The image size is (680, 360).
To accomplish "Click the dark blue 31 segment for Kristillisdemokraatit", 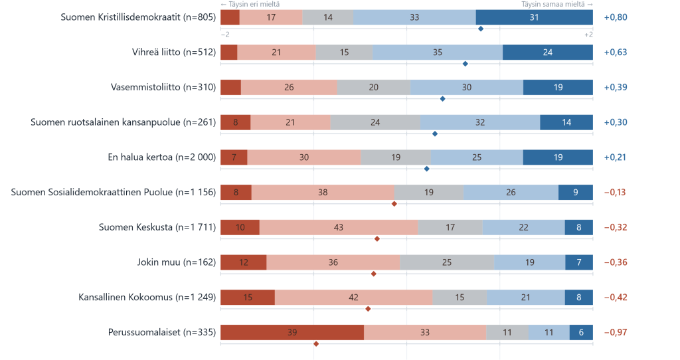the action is tap(535, 17).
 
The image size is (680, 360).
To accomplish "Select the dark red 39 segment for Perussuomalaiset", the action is tap(292, 332).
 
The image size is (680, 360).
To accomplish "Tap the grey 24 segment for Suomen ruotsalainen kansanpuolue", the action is tap(375, 122).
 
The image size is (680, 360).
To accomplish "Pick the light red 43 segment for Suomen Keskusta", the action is tap(339, 227).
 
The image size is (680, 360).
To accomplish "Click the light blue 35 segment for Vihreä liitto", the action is tap(438, 52).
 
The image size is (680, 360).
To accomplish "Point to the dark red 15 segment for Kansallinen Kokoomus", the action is tap(248, 297).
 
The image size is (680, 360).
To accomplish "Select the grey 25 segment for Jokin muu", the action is tap(447, 262).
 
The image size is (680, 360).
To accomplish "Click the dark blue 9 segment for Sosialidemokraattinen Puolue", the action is tap(576, 192).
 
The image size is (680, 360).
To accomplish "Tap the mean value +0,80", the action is tap(616, 17).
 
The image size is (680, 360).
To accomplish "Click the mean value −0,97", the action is tap(616, 332).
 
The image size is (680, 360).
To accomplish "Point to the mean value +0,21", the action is tap(615, 157).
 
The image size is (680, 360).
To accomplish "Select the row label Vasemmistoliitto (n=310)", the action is tap(163, 87).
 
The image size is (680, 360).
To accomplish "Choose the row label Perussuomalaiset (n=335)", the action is tap(162, 332).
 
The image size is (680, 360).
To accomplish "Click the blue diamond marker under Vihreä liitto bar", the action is tap(466, 64).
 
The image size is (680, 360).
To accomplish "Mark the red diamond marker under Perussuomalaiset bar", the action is tap(316, 344).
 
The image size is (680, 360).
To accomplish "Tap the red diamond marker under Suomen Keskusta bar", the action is tap(377, 239).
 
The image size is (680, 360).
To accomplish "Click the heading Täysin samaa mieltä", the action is tap(553, 5).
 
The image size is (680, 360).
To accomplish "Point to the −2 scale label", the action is tap(225, 35).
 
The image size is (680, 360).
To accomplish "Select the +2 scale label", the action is tap(588, 35).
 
